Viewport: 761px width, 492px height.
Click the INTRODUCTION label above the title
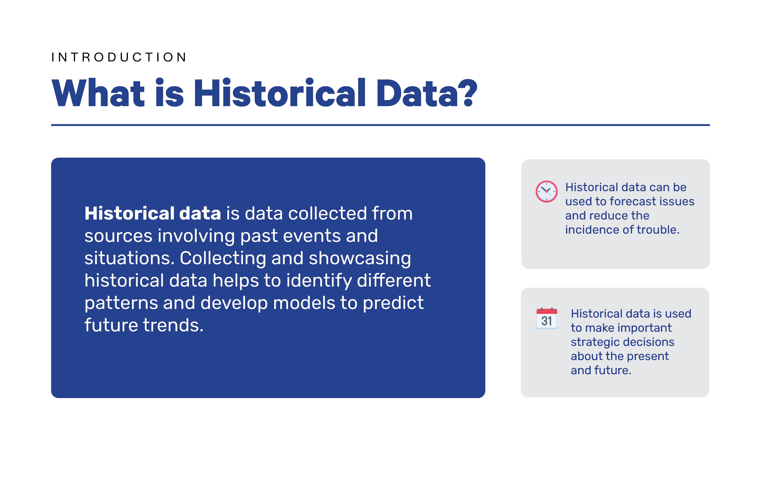pyautogui.click(x=119, y=57)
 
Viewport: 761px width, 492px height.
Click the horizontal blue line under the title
pyautogui.click(x=380, y=125)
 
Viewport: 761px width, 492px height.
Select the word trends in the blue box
pyautogui.click(x=173, y=325)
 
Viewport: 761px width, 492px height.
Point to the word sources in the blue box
pyautogui.click(x=118, y=236)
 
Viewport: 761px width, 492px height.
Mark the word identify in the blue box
pyautogui.click(x=319, y=280)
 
